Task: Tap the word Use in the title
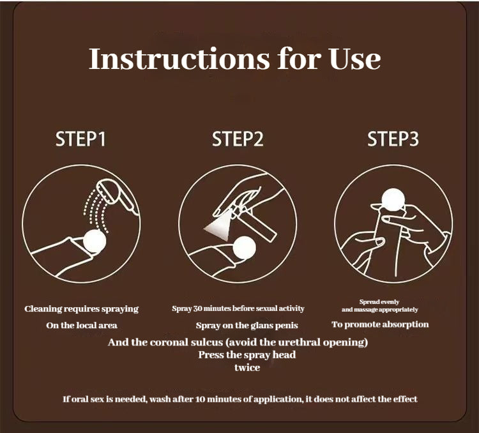pyautogui.click(x=355, y=59)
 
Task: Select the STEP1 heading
pyautogui.click(x=80, y=139)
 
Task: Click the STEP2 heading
pyautogui.click(x=238, y=139)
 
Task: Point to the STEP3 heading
pyautogui.click(x=393, y=139)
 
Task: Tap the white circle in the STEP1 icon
pyautogui.click(x=95, y=241)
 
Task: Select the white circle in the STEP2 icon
pyautogui.click(x=244, y=248)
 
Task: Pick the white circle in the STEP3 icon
pyautogui.click(x=393, y=199)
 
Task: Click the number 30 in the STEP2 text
pyautogui.click(x=197, y=308)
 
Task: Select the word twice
pyautogui.click(x=247, y=367)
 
